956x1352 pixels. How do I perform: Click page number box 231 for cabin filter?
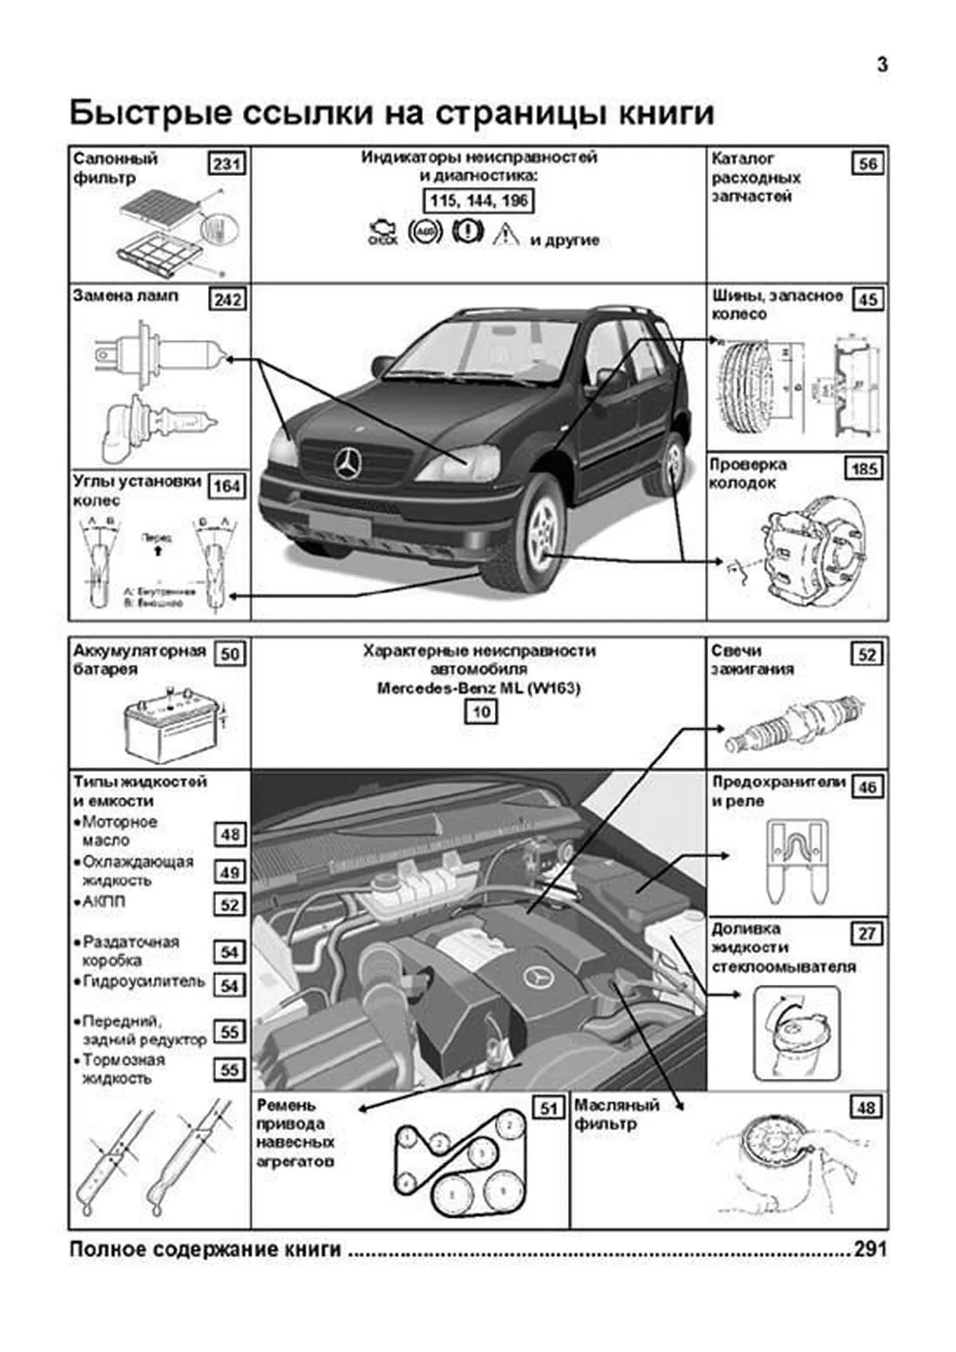click(x=227, y=164)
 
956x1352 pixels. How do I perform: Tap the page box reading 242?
click(x=227, y=300)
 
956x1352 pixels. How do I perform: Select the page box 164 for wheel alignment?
click(x=227, y=486)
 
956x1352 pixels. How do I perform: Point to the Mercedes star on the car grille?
click(x=348, y=463)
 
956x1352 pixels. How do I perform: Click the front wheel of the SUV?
click(x=539, y=532)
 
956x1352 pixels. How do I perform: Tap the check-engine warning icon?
click(x=382, y=233)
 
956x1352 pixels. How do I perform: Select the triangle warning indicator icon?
click(x=506, y=233)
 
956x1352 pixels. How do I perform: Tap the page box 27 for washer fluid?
click(x=867, y=934)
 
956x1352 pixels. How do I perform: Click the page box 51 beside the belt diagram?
click(x=548, y=1108)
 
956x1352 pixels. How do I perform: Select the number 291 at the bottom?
click(x=870, y=1249)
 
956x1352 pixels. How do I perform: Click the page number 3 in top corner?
click(x=882, y=65)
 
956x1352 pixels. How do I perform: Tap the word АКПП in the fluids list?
click(x=104, y=902)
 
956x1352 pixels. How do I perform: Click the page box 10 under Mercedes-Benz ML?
click(x=480, y=711)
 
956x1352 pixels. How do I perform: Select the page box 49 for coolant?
click(x=229, y=872)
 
